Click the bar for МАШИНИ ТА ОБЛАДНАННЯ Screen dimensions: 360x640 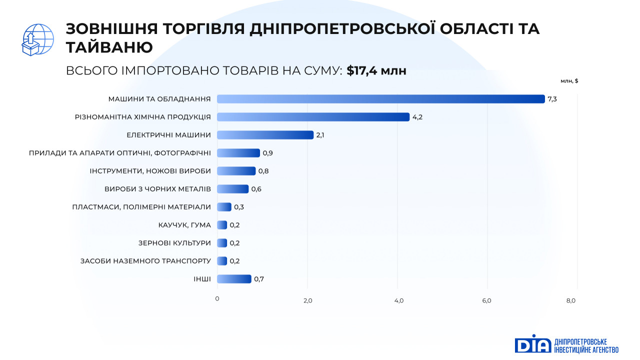coord(380,99)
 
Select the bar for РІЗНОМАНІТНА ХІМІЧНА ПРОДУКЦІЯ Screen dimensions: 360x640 coord(313,117)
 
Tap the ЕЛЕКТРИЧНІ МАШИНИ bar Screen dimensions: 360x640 coord(265,135)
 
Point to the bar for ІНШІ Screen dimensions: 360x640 coord(234,279)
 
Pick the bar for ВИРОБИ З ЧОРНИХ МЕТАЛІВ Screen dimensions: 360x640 coord(232,189)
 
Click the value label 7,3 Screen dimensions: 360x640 coord(552,99)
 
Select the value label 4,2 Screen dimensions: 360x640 coord(417,117)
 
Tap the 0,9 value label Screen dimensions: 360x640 coord(267,153)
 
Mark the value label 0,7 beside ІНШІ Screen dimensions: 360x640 coord(259,279)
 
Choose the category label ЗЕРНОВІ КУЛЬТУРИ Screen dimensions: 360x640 coord(174,243)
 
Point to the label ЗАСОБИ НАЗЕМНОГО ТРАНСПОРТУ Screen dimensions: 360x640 coord(145,261)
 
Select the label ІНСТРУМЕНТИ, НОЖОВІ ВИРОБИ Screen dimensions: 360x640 coord(150,171)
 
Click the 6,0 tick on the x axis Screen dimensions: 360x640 coord(486,300)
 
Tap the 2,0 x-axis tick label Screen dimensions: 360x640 coord(307,300)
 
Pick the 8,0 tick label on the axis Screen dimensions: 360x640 coord(571,300)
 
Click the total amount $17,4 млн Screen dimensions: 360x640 coord(376,71)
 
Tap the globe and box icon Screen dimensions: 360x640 coord(38,39)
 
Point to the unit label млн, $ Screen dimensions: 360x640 coord(569,80)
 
